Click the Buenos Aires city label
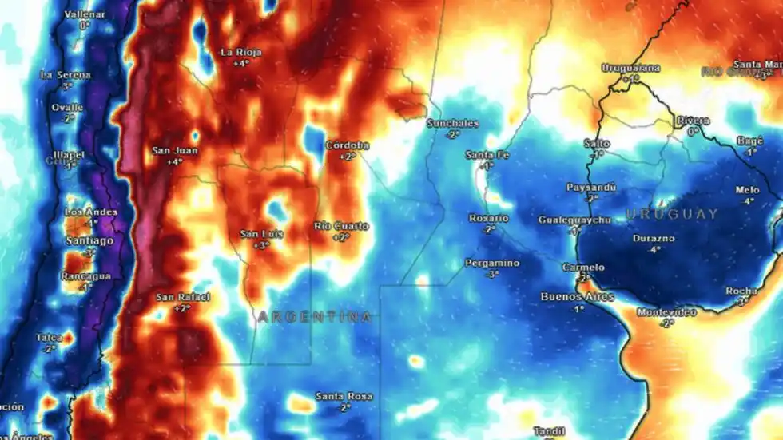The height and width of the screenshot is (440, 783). click(x=578, y=297)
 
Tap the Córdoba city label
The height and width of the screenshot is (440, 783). click(x=348, y=145)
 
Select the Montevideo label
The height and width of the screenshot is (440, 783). click(x=666, y=312)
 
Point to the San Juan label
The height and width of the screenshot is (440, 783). click(x=175, y=150)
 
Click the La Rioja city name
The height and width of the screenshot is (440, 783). click(x=240, y=53)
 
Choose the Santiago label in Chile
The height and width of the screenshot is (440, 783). click(x=89, y=240)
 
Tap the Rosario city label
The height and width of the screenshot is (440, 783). click(x=488, y=218)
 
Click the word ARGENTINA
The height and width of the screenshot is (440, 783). click(x=315, y=317)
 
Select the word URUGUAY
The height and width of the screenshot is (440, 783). click(x=672, y=214)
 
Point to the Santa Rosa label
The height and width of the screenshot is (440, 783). click(x=344, y=396)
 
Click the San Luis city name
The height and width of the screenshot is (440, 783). click(x=260, y=234)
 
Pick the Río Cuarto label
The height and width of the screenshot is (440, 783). click(x=341, y=226)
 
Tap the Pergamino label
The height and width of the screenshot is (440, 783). click(x=492, y=263)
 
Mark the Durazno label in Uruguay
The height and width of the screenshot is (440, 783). click(x=654, y=238)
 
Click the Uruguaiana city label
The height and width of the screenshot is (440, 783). click(x=630, y=68)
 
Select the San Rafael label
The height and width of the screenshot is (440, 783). click(x=183, y=297)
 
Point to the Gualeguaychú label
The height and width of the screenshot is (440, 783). click(x=574, y=220)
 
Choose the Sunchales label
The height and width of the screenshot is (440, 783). click(x=452, y=124)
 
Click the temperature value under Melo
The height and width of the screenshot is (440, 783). click(x=749, y=201)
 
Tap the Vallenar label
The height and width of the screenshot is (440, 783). click(x=84, y=14)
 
